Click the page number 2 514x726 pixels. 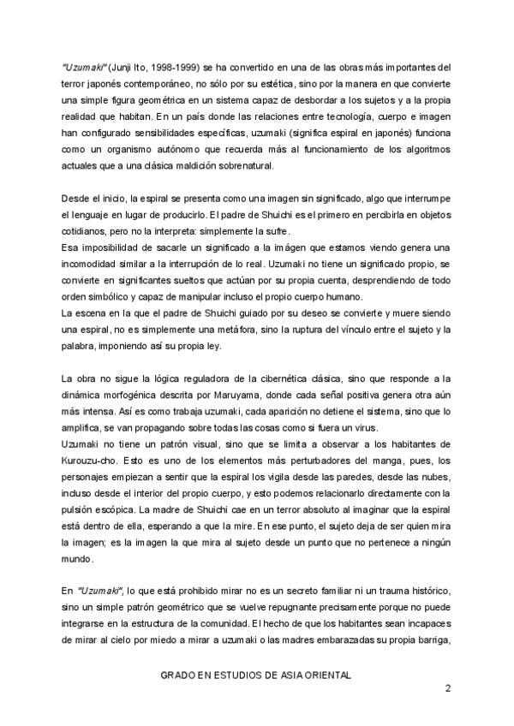445,687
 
